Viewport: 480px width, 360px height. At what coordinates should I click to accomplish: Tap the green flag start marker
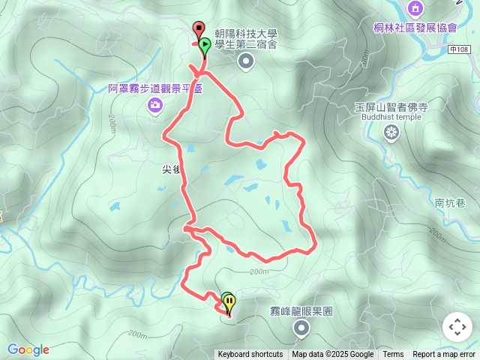pos(204,46)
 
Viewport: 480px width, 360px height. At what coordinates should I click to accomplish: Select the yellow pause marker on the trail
pos(229,303)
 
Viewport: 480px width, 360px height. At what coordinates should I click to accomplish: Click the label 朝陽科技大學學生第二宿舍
pos(246,40)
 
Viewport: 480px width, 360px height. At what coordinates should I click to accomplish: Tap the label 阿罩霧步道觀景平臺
pos(155,88)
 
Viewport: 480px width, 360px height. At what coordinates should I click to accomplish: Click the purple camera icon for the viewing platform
pos(154,105)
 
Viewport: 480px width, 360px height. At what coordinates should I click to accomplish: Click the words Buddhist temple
pos(391,118)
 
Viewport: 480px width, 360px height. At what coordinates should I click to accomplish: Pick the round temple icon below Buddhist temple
pos(391,133)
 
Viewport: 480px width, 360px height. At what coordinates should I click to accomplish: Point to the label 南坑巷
pos(449,202)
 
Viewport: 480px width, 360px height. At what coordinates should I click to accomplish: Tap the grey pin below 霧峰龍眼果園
pos(301,327)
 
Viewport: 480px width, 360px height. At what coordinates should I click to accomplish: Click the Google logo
pos(28,349)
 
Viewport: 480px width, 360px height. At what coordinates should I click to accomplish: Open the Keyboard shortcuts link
pos(250,355)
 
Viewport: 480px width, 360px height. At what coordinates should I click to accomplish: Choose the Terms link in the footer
pos(393,355)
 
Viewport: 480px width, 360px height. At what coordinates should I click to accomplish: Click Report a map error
pos(444,355)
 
